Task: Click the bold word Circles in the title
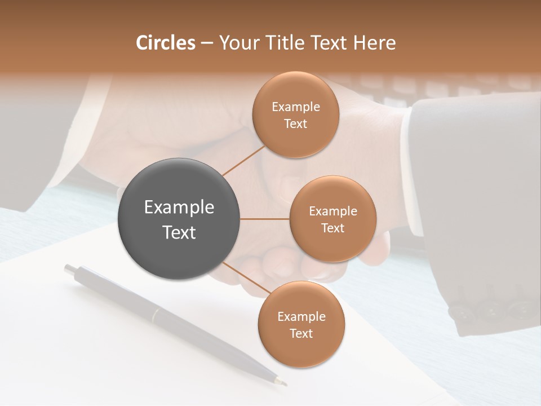[x=166, y=43]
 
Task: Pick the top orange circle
[x=295, y=90]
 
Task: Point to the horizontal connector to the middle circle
[x=265, y=219]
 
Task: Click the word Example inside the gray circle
[x=179, y=208]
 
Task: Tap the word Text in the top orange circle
[x=295, y=124]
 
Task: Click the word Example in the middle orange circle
[x=333, y=211]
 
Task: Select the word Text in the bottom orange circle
[x=301, y=333]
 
